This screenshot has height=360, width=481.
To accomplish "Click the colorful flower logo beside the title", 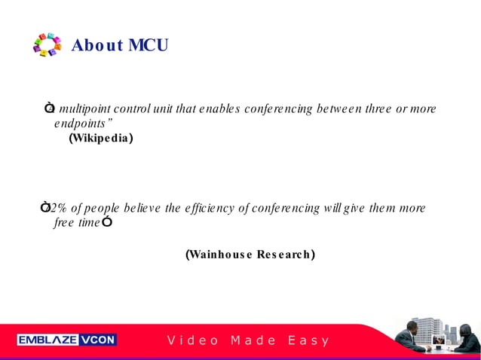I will tap(47, 45).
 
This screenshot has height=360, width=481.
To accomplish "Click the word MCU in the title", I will tap(148, 45).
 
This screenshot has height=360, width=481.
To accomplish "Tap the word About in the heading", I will tap(97, 45).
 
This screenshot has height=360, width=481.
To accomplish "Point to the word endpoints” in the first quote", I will tap(84, 123).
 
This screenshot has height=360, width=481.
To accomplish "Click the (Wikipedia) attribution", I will tap(100, 138).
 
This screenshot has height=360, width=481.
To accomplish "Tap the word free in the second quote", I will tap(63, 223).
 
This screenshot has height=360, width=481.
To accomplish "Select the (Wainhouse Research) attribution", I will tap(250, 255).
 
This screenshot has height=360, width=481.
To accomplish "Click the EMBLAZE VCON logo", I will tap(67, 340).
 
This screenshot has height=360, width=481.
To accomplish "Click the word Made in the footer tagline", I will tap(253, 340).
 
